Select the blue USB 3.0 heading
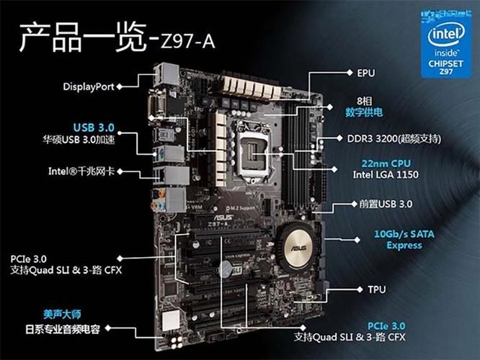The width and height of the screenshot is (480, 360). tap(94, 127)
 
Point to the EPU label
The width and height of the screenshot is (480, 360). tap(366, 73)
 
